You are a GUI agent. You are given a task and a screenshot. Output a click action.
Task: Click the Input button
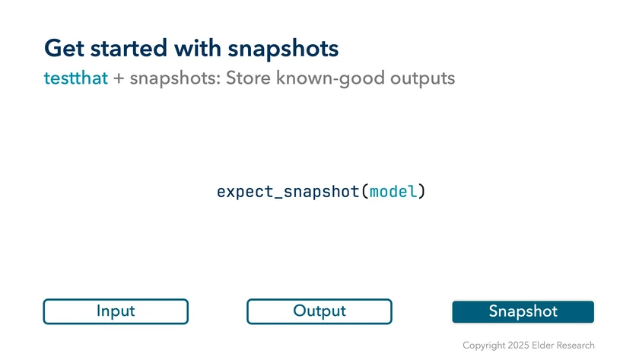[x=116, y=311]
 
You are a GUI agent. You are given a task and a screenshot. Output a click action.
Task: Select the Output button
[x=319, y=311]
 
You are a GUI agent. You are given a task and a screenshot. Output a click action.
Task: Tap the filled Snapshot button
[x=523, y=312]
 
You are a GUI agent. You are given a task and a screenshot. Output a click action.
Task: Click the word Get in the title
[x=64, y=48]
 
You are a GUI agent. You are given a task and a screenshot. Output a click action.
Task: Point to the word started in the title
[x=129, y=48]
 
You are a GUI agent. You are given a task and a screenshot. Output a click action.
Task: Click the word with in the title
[x=198, y=48]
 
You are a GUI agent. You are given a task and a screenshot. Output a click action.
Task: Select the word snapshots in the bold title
[x=283, y=49]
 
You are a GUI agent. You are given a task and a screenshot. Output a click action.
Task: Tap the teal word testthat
[x=76, y=78]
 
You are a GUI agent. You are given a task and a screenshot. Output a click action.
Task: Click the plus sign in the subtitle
[x=119, y=78]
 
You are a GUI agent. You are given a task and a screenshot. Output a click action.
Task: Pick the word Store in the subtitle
[x=248, y=78]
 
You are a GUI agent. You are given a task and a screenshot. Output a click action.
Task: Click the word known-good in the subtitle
[x=330, y=78]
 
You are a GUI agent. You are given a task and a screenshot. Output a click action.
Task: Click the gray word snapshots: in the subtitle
[x=175, y=78]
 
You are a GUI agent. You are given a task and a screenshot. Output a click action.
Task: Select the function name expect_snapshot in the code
[x=288, y=192]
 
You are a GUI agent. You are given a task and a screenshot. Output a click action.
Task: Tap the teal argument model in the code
[x=393, y=192]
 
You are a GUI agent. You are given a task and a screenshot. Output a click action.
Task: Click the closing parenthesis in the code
[x=421, y=192]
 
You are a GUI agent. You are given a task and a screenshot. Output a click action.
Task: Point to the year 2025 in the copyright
[x=518, y=346]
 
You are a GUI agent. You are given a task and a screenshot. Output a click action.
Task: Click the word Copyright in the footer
[x=484, y=346]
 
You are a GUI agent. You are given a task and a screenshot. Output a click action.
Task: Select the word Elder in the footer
[x=543, y=346]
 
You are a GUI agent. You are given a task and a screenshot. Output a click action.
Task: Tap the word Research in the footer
[x=575, y=346]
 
